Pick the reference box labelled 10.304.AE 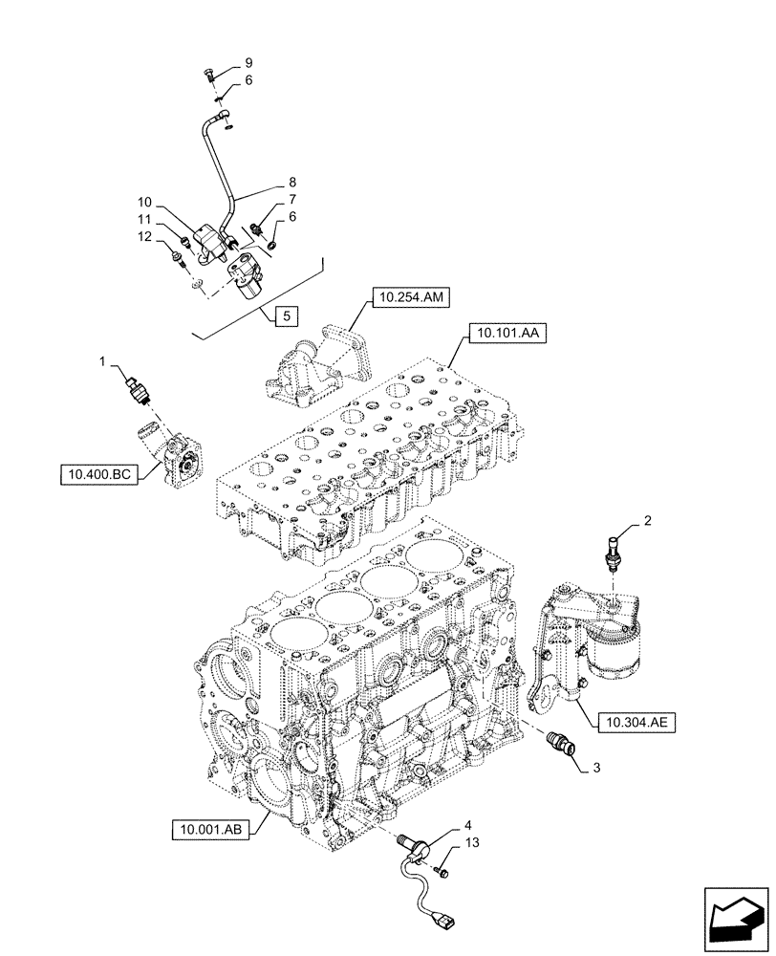[636, 722]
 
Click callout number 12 [146, 236]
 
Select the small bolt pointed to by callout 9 [209, 76]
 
